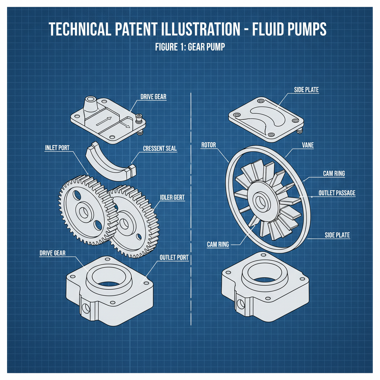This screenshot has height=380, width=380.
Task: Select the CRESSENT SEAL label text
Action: click(x=160, y=148)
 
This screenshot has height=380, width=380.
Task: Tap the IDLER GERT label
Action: click(x=172, y=197)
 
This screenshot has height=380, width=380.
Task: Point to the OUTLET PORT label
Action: click(x=174, y=257)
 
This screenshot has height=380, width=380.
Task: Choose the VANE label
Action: click(x=308, y=145)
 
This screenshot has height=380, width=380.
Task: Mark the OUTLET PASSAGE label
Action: click(x=337, y=193)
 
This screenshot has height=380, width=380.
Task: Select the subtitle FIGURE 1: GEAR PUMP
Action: click(x=190, y=47)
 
